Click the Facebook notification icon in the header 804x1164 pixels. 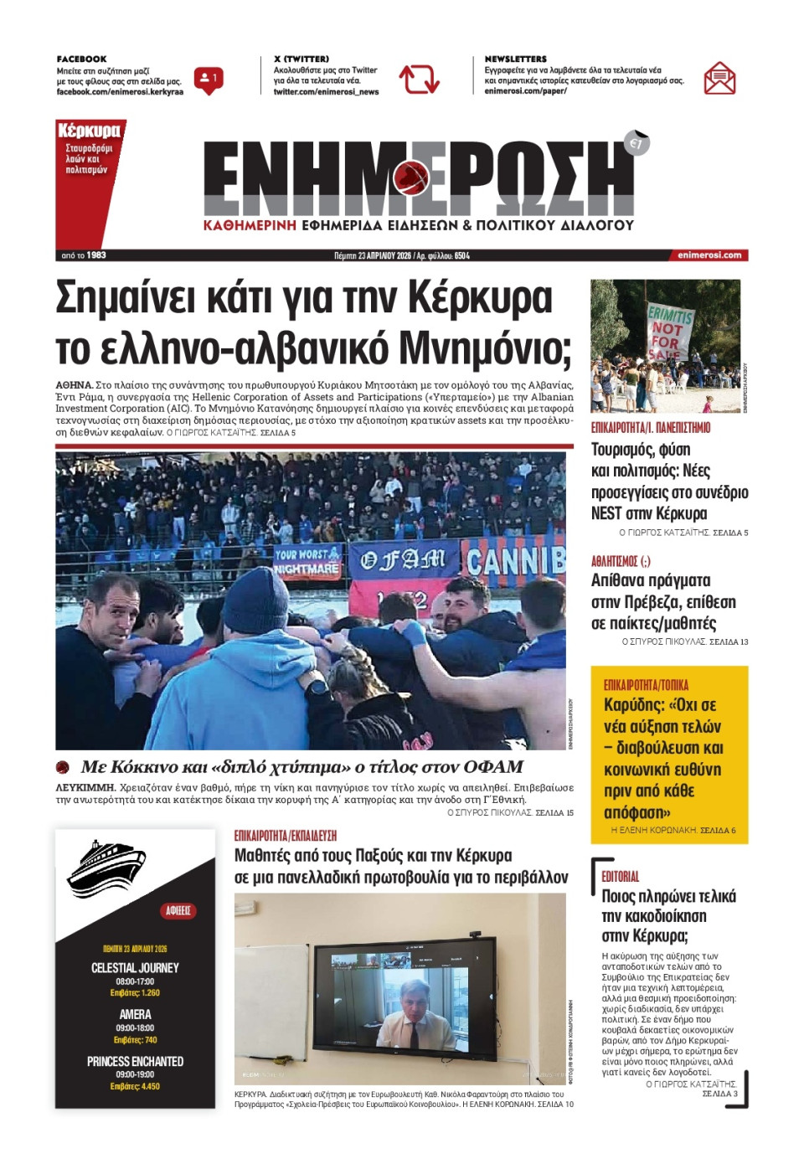(x=208, y=80)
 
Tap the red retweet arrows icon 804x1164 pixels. (x=419, y=80)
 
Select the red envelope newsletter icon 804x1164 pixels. (x=719, y=79)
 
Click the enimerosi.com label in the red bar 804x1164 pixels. (x=709, y=255)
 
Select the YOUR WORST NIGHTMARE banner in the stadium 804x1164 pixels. (x=307, y=561)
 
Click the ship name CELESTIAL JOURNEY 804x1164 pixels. (x=135, y=968)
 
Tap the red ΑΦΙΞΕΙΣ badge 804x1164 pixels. (x=178, y=910)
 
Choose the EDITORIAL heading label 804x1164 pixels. (x=620, y=877)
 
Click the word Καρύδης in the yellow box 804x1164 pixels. (x=633, y=705)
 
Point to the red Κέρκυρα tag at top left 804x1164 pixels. (x=89, y=131)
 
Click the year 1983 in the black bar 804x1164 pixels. (x=96, y=255)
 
